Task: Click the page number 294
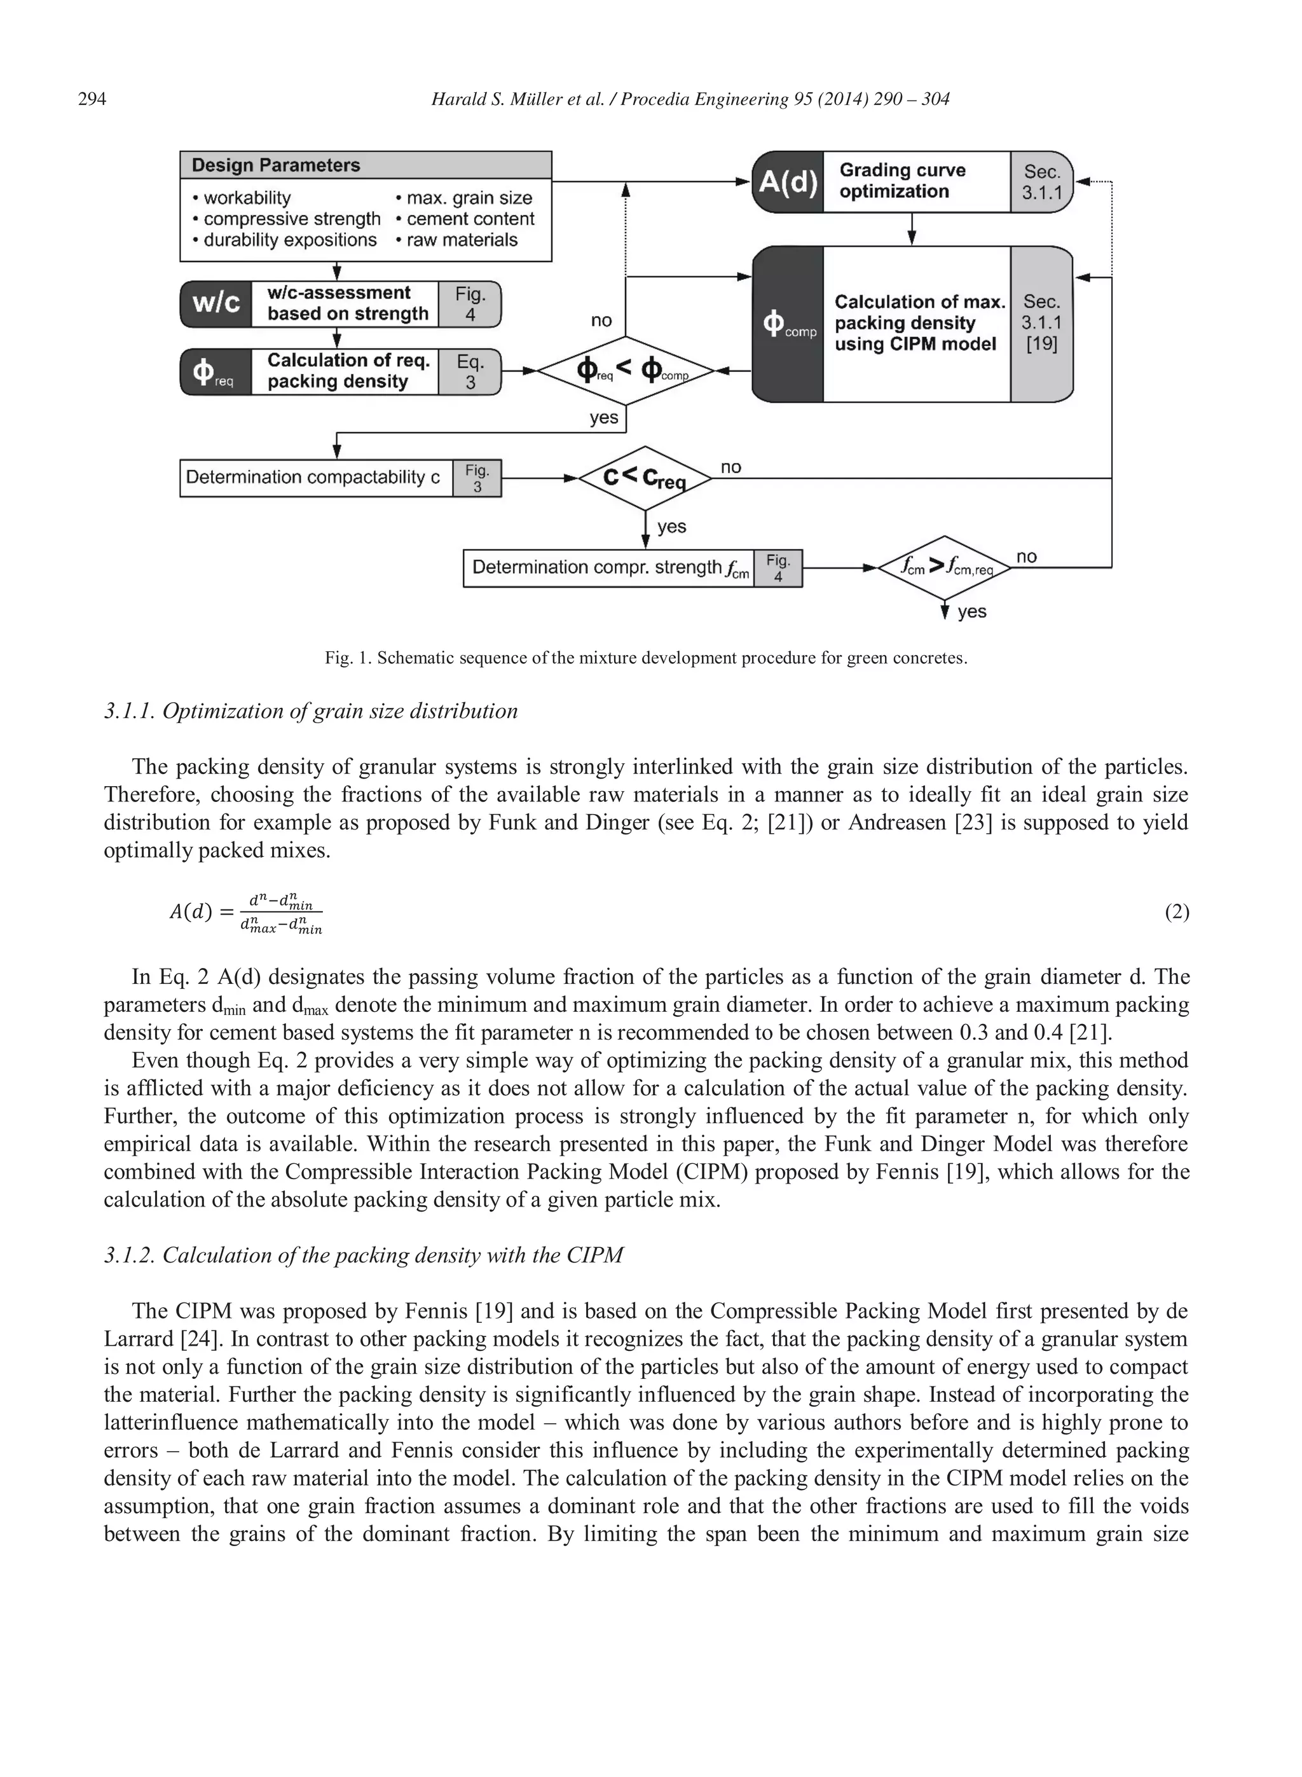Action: tap(92, 99)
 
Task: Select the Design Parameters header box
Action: tap(365, 165)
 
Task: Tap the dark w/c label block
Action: tap(216, 304)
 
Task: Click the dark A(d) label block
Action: tap(787, 182)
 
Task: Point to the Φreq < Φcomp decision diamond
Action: tap(626, 371)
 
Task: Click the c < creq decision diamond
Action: tap(645, 478)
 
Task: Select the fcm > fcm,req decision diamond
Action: tap(944, 567)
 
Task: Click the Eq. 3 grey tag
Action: tap(470, 372)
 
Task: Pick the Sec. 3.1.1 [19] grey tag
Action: tap(1041, 324)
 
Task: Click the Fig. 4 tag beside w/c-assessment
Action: tap(470, 304)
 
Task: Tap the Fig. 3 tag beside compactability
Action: tap(477, 478)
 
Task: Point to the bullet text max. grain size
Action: tap(469, 198)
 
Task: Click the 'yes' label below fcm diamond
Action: tap(972, 612)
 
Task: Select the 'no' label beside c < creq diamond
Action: tap(730, 467)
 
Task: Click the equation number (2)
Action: tap(1176, 912)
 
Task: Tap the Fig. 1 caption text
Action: tap(645, 658)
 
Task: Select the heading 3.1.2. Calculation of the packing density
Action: tap(364, 1255)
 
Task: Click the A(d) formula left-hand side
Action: tap(191, 912)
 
